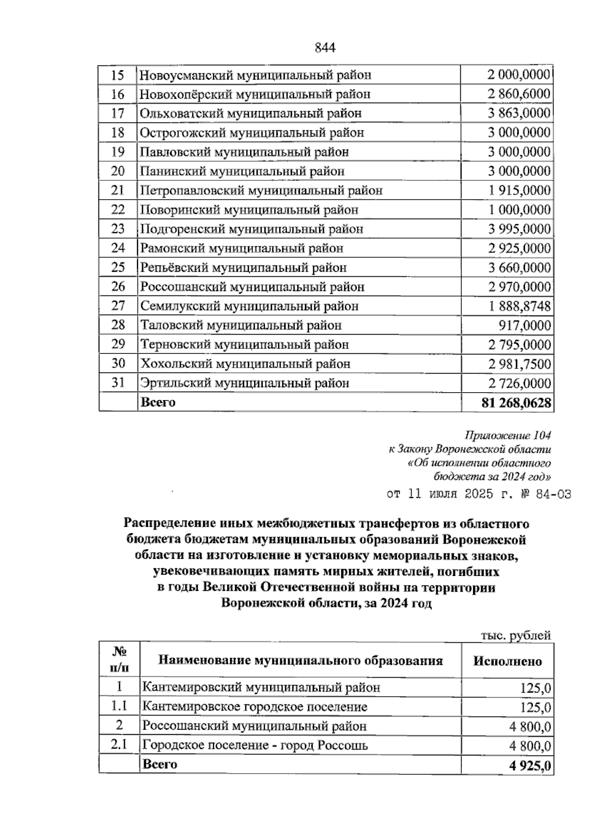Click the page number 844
coord(324,47)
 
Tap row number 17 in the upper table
coord(118,114)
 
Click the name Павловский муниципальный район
coord(244,152)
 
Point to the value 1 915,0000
coord(519,191)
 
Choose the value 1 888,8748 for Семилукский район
coord(519,306)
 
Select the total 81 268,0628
coord(517,403)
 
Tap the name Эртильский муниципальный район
coord(244,383)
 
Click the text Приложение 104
coord(507,435)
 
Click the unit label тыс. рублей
coord(515,635)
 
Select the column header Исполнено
coord(507,661)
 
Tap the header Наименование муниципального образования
coord(300,660)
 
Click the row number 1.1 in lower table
coord(119,706)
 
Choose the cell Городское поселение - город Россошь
coord(255,745)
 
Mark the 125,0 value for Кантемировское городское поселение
coord(535,708)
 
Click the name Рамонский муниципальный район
coord(241,248)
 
